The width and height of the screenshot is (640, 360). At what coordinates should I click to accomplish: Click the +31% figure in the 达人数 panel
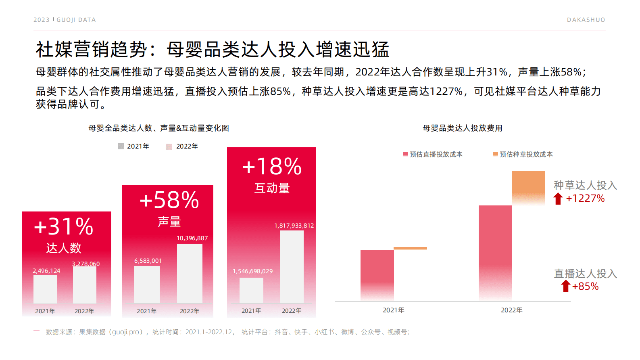[64, 227]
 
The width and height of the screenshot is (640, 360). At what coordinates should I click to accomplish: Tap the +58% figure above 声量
[169, 200]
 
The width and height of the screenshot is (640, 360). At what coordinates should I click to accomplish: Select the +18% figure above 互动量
[272, 167]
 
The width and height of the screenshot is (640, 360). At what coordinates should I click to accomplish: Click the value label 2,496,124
[46, 271]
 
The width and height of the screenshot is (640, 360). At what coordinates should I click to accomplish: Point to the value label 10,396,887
[192, 238]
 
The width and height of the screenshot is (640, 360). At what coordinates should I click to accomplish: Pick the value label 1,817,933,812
[294, 226]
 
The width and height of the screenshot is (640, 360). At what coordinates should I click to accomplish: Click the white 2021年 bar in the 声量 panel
[147, 285]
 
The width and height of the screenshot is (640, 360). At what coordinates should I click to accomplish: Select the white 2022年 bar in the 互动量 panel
[292, 266]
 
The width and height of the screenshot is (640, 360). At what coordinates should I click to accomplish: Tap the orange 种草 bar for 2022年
[528, 186]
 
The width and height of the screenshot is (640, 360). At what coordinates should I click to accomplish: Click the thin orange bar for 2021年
[410, 248]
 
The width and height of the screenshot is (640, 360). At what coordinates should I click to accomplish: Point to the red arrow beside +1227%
[558, 199]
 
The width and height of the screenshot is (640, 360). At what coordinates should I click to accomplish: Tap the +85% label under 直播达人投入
[585, 287]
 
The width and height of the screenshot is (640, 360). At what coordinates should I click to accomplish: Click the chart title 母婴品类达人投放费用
[462, 128]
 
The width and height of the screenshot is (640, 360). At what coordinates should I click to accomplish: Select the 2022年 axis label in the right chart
[511, 310]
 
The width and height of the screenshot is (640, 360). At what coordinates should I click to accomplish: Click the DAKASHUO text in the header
[586, 20]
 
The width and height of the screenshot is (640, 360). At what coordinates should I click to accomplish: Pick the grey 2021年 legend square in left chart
[121, 146]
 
